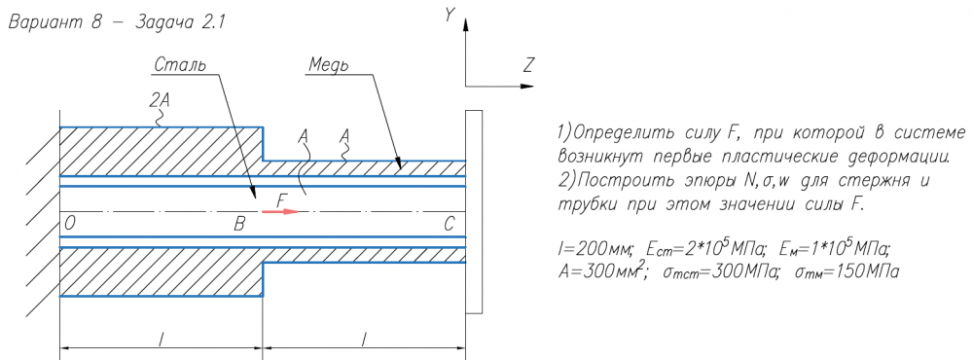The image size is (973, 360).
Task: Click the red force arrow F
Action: [280, 211]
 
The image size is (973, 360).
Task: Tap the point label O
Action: [69, 225]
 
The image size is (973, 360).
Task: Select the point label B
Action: [239, 225]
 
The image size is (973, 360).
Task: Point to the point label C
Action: [450, 225]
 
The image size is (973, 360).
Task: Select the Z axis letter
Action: [528, 64]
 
